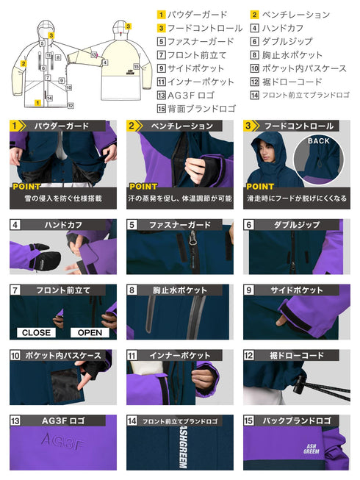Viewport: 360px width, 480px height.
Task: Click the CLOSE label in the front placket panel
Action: tap(36, 332)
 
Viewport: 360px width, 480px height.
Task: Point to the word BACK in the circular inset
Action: tap(320, 140)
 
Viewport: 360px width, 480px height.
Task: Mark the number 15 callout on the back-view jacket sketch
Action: tap(137, 66)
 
